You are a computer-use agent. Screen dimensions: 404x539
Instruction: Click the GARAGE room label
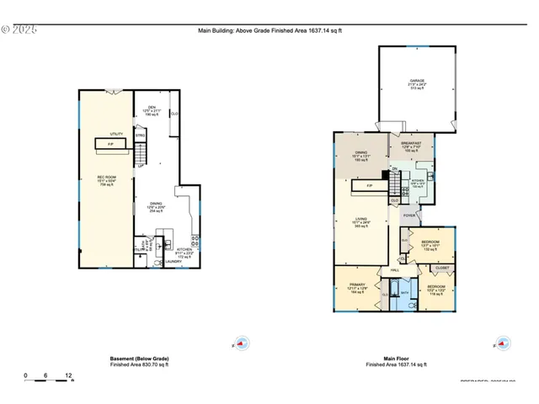[417, 82]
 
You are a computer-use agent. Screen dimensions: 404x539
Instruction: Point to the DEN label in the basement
[152, 107]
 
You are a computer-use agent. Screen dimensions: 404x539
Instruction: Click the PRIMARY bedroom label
[357, 286]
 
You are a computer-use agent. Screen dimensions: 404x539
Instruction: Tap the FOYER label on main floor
[409, 215]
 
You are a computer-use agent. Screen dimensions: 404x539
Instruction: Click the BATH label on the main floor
[404, 294]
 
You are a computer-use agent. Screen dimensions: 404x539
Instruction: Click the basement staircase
[141, 154]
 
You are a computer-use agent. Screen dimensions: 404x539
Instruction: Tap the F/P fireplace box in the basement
[111, 145]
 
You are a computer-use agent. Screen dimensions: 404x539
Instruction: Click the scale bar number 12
[68, 375]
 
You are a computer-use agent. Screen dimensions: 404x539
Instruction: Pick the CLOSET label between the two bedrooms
[441, 268]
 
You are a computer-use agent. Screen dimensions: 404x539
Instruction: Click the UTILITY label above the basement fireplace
[116, 134]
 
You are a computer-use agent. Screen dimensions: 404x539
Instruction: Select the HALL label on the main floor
[394, 269]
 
